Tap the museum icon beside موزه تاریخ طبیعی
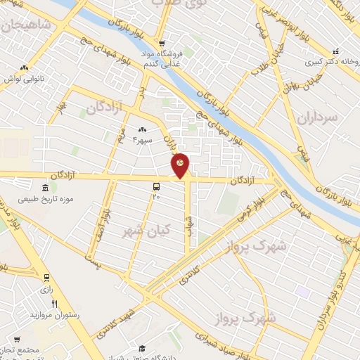coord(46,188)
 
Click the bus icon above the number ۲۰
coord(155,187)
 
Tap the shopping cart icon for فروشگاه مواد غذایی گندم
coord(160,43)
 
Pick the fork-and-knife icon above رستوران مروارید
coord(54,303)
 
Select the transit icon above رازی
coord(46,278)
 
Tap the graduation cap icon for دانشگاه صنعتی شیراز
coord(141,349)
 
